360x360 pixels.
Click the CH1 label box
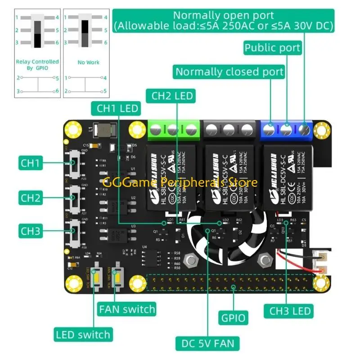(31, 162)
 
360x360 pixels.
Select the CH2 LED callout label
(172, 95)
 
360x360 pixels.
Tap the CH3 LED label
(290, 310)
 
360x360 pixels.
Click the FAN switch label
(127, 309)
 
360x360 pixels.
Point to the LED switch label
(83, 334)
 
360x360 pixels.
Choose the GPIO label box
(234, 318)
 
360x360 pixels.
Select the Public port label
(272, 47)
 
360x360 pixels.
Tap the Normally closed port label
(229, 72)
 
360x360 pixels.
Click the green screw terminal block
(173, 130)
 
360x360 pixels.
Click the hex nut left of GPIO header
(192, 260)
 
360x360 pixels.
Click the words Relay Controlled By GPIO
(37, 64)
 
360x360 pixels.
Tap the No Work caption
(88, 62)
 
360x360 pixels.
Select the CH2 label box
(31, 197)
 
